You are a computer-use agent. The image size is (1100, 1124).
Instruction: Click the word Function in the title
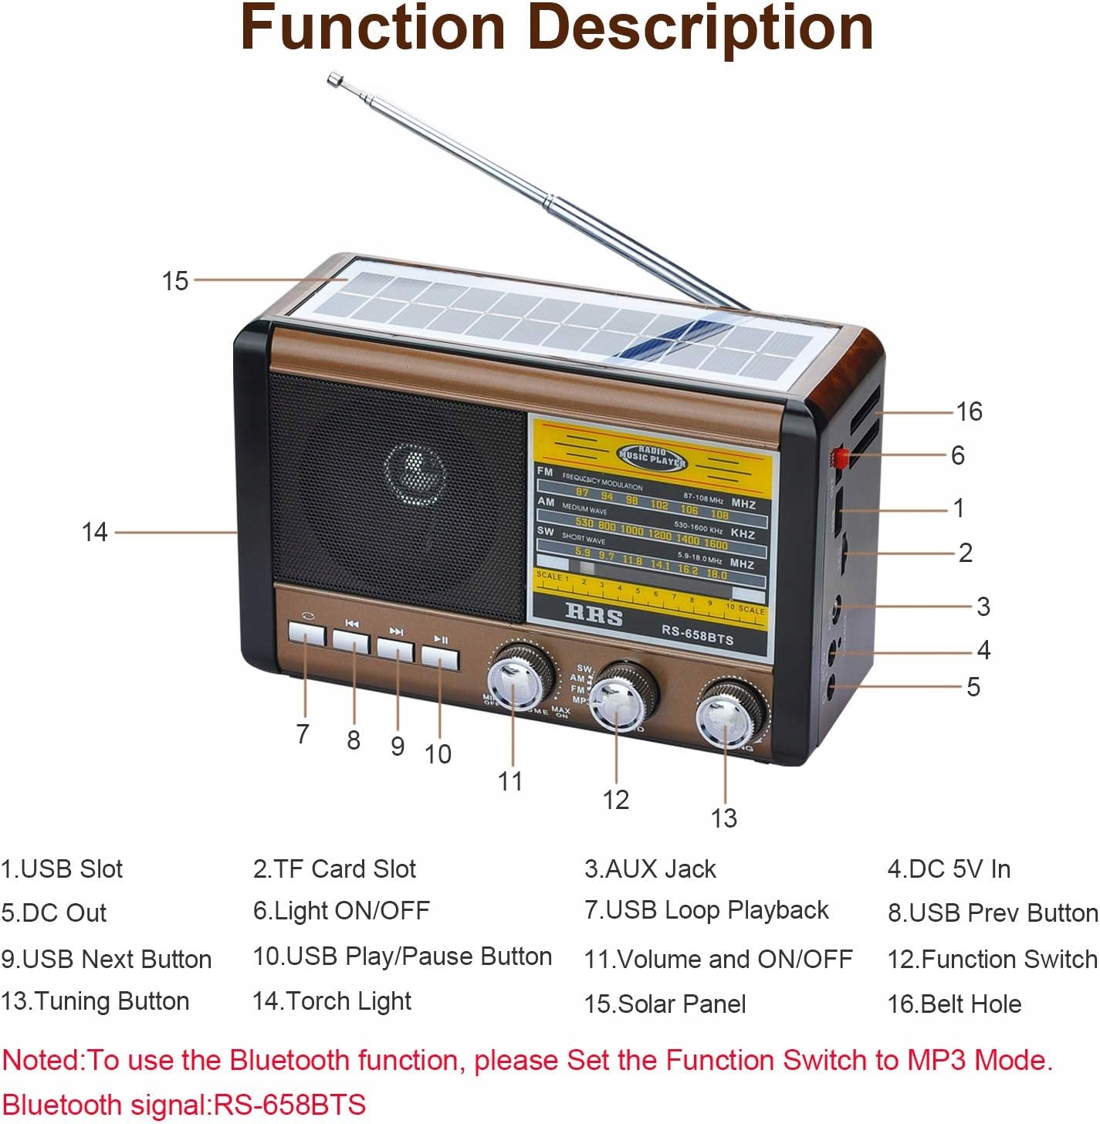[373, 28]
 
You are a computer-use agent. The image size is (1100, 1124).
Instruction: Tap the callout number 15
[175, 281]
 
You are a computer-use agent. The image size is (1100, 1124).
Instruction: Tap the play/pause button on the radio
[440, 658]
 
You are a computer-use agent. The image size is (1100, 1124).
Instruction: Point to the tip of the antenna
[334, 78]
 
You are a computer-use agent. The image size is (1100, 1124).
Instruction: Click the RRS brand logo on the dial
[594, 614]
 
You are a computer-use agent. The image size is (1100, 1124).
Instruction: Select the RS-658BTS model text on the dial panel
[697, 635]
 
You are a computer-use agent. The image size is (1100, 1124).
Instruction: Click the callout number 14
[95, 532]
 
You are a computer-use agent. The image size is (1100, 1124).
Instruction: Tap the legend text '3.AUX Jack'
[650, 869]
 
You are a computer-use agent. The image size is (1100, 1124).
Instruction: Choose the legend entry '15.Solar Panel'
[665, 1004]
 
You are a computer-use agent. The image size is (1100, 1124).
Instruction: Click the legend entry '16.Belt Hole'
[954, 1004]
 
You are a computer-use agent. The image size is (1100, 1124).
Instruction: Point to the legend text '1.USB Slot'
[62, 869]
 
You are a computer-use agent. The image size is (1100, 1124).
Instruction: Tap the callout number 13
[724, 818]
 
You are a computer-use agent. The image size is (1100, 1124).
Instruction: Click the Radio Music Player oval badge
[652, 458]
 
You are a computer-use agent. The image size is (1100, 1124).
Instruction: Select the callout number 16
[969, 411]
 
